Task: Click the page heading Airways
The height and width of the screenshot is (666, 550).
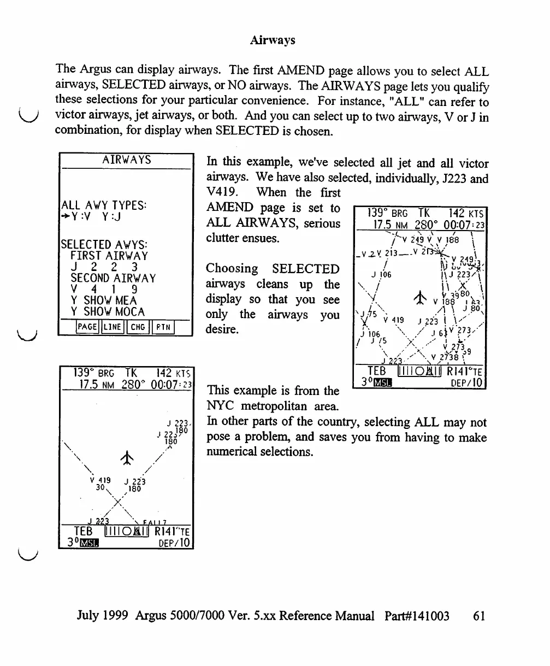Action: pos(273,40)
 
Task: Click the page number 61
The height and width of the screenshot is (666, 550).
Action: pos(479,616)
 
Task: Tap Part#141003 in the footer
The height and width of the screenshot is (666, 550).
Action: pos(417,616)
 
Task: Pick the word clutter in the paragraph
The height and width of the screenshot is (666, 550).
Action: pos(224,239)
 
